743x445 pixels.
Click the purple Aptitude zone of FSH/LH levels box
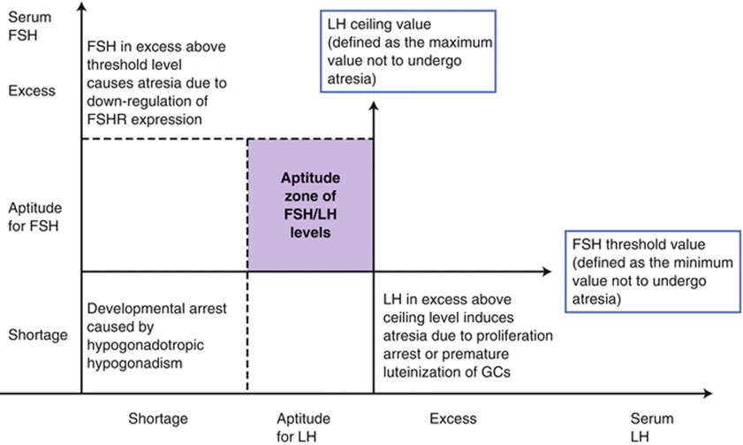pyautogui.click(x=310, y=205)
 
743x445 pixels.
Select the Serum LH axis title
pyautogui.click(x=652, y=427)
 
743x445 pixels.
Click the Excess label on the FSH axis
pyautogui.click(x=32, y=91)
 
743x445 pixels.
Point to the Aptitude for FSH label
pyautogui.click(x=35, y=217)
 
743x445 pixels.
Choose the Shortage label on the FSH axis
pyautogui.click(x=37, y=335)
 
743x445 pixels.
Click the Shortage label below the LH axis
pyautogui.click(x=158, y=418)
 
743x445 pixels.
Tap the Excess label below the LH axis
pyautogui.click(x=452, y=418)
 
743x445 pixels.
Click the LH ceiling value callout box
pyautogui.click(x=408, y=50)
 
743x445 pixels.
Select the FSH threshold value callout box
pyautogui.click(x=652, y=272)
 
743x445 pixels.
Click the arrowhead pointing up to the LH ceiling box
pyautogui.click(x=374, y=106)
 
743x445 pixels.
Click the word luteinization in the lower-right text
pyautogui.click(x=451, y=372)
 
